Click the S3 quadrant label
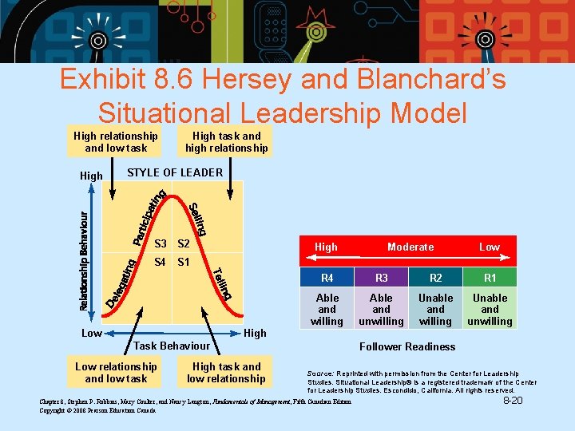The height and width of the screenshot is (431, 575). (x=160, y=243)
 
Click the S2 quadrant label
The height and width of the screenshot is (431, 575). (x=183, y=243)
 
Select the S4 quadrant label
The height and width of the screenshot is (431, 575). (x=160, y=262)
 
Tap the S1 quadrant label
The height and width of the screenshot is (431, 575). (x=183, y=262)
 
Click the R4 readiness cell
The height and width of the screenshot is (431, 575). (x=327, y=278)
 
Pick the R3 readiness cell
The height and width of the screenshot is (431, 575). (x=381, y=278)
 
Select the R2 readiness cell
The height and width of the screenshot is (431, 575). (x=435, y=278)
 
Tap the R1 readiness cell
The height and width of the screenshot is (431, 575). (x=490, y=278)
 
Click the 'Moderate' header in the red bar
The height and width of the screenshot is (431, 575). (x=410, y=247)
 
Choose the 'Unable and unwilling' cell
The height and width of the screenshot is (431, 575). (x=490, y=310)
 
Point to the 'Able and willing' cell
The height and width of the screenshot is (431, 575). (x=327, y=310)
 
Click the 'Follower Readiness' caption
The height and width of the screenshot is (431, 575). (x=407, y=347)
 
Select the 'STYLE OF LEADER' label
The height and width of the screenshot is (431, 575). (x=176, y=172)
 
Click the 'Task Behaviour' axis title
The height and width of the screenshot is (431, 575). (x=172, y=346)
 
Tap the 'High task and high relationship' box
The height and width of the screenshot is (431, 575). (x=227, y=142)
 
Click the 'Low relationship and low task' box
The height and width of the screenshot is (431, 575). (x=116, y=373)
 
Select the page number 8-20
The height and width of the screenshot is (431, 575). (x=512, y=400)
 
